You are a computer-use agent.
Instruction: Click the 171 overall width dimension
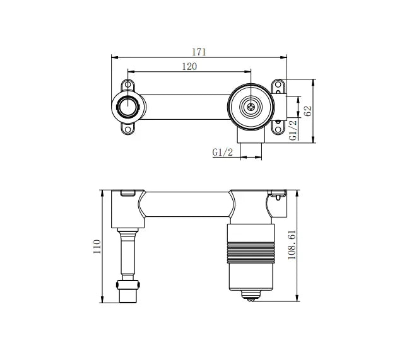tap(199, 52)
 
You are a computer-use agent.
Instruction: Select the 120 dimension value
tap(189, 66)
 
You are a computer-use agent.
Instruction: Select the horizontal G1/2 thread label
tap(223, 152)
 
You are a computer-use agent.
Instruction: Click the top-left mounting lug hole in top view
tap(129, 84)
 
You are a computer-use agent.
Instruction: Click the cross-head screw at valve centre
tap(251, 107)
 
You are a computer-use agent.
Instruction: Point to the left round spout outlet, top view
tap(127, 107)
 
